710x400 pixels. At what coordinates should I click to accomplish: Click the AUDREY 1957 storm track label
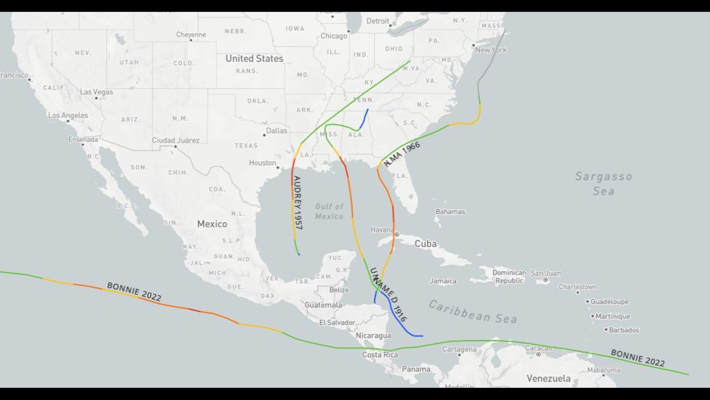point(298,203)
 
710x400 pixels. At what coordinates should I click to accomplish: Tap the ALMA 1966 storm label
point(402,154)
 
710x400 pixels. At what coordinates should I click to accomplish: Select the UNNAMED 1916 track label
point(388,294)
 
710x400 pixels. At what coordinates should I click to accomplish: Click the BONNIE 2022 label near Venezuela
point(638,358)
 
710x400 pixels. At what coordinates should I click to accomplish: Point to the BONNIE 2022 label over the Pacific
point(134,291)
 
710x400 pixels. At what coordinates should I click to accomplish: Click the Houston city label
point(262,163)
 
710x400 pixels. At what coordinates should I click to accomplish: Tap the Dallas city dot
point(264,135)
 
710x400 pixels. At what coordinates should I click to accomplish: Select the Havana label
point(382,230)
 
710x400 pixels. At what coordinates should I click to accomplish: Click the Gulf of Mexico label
point(329,211)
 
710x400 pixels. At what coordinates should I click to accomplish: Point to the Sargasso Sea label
point(603,184)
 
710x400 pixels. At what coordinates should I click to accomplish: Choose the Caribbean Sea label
point(473,312)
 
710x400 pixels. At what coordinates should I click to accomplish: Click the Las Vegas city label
point(97,92)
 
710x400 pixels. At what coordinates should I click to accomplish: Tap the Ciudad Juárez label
point(176,140)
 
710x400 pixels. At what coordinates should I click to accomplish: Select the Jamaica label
point(443,281)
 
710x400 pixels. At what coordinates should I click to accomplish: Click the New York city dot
point(473,45)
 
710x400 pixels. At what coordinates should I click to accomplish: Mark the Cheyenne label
point(191,34)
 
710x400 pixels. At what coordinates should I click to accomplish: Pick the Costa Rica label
point(380,355)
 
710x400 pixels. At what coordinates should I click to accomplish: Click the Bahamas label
point(450,212)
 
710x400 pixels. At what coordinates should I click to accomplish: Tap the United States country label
point(254,59)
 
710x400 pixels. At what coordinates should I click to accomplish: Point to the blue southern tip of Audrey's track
point(299,254)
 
